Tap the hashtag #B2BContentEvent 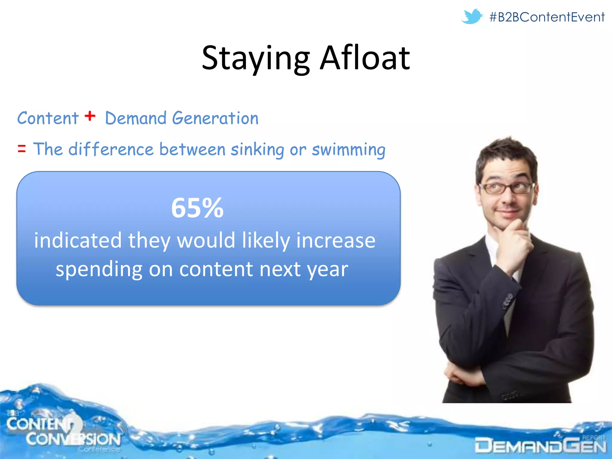tap(547, 17)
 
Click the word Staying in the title tap(255, 58)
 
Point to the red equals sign tap(22, 149)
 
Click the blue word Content tap(48, 118)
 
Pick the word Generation tap(215, 118)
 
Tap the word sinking tap(257, 149)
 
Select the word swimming tap(348, 149)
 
